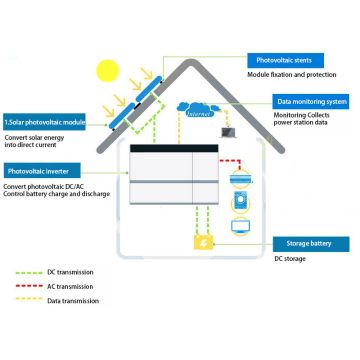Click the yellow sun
click(x=107, y=71)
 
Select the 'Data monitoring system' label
click(x=310, y=101)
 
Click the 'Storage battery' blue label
click(x=310, y=243)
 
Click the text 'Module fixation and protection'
click(x=290, y=75)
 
